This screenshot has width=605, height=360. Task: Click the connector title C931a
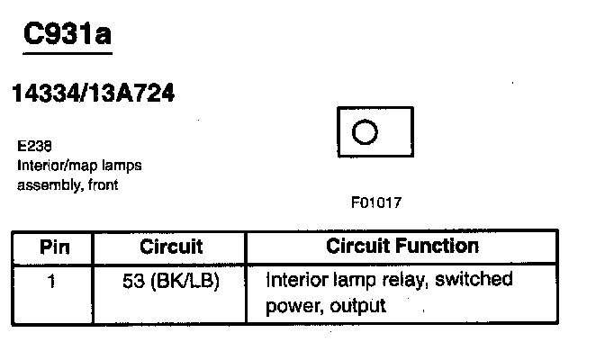point(68,36)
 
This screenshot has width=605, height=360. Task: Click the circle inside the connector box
point(365,133)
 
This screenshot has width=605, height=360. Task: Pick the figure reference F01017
point(376,203)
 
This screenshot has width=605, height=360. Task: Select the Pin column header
point(53,247)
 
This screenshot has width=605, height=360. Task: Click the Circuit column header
point(171,247)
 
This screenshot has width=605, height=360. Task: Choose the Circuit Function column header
point(402,246)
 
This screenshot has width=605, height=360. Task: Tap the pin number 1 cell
point(52,280)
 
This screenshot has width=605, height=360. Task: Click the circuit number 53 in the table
point(132,280)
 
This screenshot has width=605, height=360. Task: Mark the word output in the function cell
point(358,306)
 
